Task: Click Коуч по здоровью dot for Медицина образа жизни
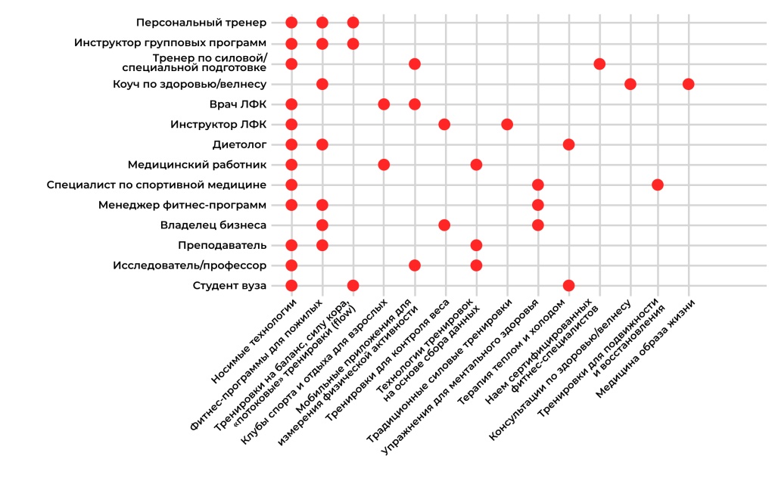point(688,84)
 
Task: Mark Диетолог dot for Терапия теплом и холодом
point(568,144)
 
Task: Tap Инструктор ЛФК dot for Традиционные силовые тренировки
point(507,124)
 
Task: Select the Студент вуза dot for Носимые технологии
point(291,285)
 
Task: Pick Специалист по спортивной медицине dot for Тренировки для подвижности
point(657,185)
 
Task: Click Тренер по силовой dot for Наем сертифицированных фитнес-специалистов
point(599,64)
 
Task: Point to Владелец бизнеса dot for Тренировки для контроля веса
point(444,225)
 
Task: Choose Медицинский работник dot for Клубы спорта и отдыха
point(384,164)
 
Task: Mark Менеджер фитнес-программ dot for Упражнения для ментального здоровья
point(537,204)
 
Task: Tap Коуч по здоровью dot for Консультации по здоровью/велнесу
point(630,84)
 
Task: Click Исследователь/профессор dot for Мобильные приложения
point(414,265)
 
